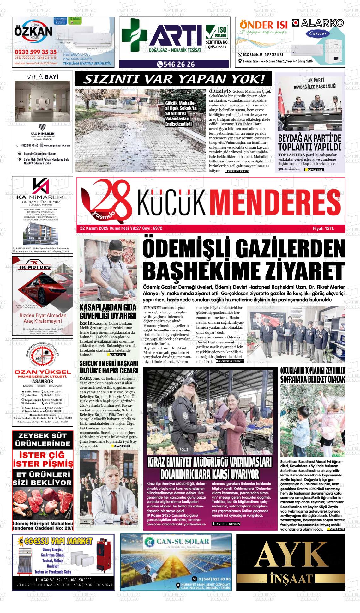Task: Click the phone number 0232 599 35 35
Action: pyautogui.click(x=35, y=52)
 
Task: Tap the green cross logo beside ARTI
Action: pyautogui.click(x=134, y=35)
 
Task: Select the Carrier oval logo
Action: pyautogui.click(x=318, y=33)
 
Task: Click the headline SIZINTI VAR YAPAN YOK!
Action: pyautogui.click(x=173, y=79)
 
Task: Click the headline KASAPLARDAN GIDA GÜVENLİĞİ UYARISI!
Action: pyautogui.click(x=108, y=311)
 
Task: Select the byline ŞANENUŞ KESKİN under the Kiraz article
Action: pyautogui.click(x=226, y=524)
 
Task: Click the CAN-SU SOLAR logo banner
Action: pyautogui.click(x=176, y=542)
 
